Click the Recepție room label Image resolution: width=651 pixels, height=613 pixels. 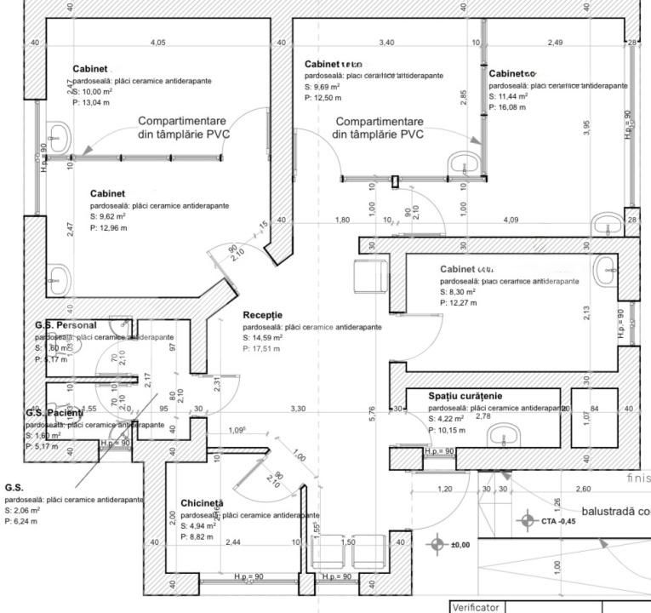coord(263,315)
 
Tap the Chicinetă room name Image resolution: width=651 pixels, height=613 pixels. coord(201,504)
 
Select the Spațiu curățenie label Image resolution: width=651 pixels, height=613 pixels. coord(453,396)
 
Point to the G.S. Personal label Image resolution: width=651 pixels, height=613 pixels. coord(66,325)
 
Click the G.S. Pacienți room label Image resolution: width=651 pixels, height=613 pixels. coord(54,413)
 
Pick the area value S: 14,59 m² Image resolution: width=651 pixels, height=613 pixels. coord(262,337)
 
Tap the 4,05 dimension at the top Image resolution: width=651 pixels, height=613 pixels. coord(157,42)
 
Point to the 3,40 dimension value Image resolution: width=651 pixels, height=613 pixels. coord(385,42)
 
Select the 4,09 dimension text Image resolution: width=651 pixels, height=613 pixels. coord(511,221)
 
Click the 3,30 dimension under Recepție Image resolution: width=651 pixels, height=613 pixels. coord(298,410)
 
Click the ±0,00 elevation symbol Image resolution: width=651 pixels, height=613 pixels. coord(440,544)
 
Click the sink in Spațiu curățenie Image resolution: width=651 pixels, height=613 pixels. coord(500,436)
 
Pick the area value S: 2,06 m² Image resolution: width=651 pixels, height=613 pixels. coord(20,510)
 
